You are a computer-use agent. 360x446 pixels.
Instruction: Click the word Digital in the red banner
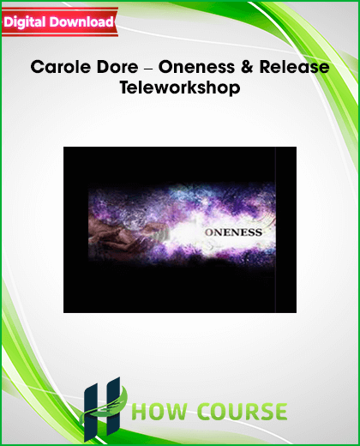(25, 23)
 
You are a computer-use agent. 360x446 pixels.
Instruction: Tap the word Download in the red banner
(81, 21)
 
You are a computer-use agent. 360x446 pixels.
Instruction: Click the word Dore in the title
(117, 67)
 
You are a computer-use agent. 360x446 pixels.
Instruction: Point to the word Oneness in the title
(196, 67)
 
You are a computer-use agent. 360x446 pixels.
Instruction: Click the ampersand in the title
(247, 67)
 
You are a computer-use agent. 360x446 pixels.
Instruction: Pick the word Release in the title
(294, 67)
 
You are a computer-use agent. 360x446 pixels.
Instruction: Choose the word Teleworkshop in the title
(180, 87)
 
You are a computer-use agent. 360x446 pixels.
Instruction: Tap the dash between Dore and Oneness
(148, 68)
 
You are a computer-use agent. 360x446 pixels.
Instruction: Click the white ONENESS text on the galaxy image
(233, 232)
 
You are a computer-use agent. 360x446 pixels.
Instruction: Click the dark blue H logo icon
(102, 410)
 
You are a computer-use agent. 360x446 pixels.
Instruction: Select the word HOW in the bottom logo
(160, 412)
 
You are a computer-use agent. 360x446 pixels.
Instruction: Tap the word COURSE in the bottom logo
(243, 412)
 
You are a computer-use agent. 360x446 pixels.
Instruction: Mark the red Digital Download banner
(60, 22)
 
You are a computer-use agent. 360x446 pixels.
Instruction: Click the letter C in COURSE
(205, 412)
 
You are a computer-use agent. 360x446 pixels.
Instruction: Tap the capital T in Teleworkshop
(125, 87)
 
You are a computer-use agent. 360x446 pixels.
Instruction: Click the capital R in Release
(266, 67)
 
